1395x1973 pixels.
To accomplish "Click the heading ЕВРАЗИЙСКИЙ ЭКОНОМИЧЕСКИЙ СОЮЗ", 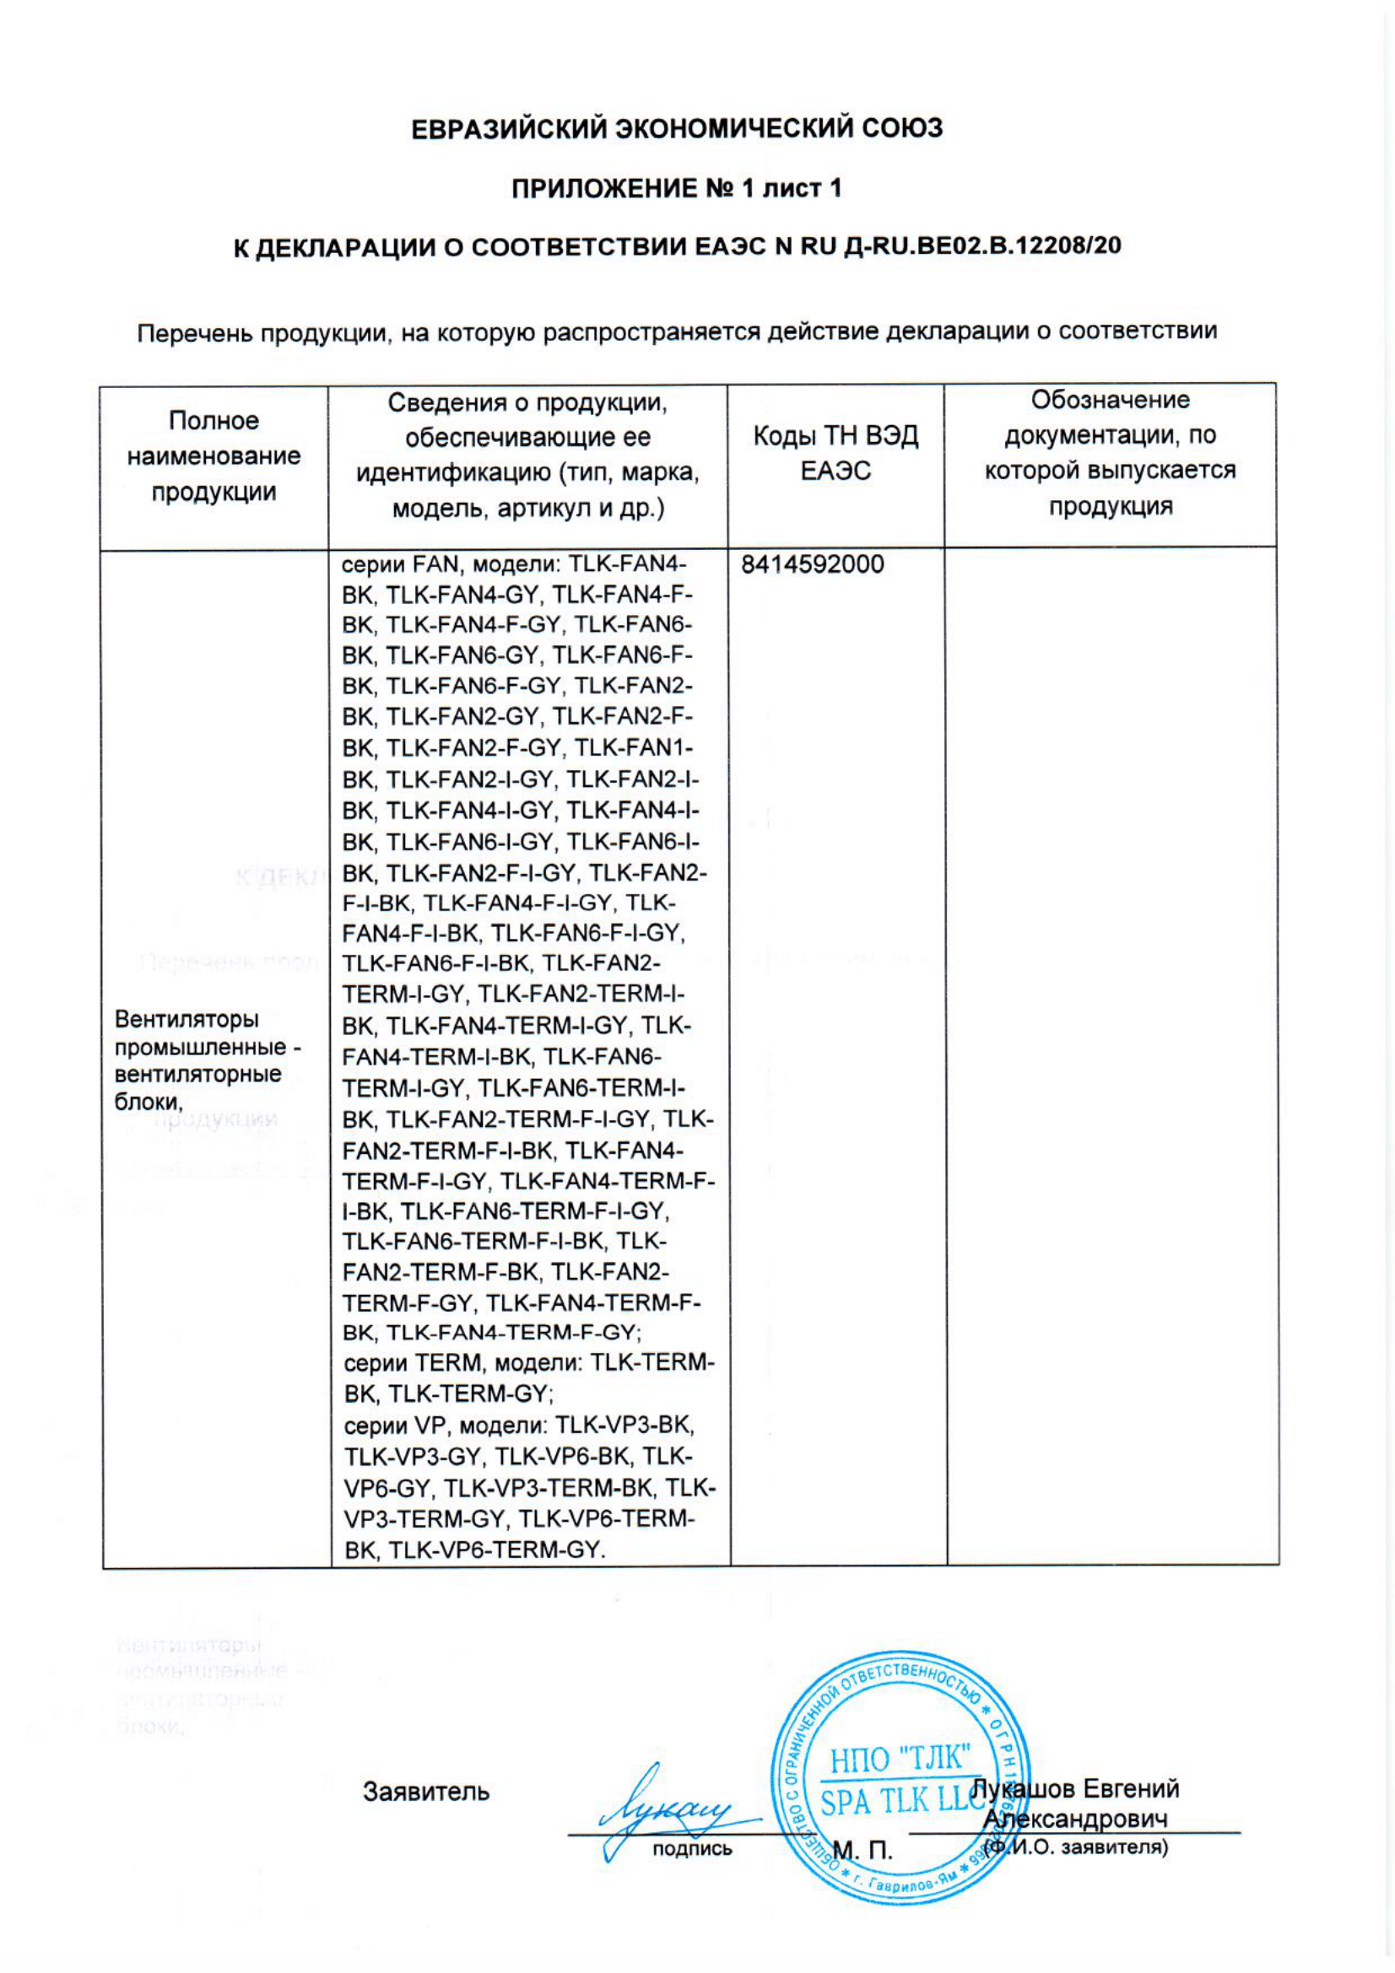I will coord(678,129).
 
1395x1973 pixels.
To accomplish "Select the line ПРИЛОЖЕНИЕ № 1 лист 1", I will coord(677,188).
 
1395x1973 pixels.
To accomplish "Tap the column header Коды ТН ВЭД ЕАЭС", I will coord(835,454).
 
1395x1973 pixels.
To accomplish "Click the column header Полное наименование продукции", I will coord(214,456).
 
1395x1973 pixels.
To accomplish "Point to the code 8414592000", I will coord(812,564).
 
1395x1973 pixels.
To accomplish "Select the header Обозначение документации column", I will coord(1111,453).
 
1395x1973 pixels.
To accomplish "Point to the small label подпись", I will coord(692,1849).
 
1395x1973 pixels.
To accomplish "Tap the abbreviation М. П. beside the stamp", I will coord(862,1850).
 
